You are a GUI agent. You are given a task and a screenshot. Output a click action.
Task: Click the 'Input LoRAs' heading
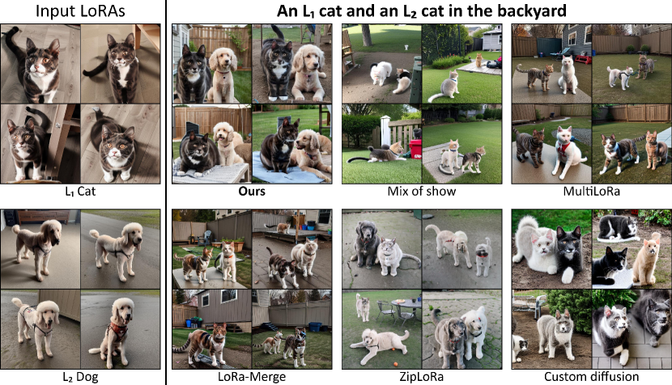click(80, 11)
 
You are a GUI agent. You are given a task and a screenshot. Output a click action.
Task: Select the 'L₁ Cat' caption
click(80, 191)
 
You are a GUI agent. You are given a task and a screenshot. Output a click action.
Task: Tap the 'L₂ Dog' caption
click(80, 377)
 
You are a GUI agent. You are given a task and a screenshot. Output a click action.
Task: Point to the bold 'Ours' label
click(252, 191)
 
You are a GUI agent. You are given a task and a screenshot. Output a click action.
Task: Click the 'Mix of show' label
click(421, 191)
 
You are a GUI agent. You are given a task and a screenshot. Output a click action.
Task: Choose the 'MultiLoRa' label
click(591, 191)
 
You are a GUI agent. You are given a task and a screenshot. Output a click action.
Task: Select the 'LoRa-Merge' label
click(252, 377)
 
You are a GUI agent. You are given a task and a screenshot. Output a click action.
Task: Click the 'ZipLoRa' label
click(421, 377)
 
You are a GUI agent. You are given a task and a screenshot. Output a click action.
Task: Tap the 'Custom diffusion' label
click(591, 377)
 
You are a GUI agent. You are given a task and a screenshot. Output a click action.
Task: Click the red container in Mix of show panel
click(415, 150)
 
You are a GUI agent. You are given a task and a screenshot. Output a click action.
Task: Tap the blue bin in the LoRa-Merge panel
click(315, 327)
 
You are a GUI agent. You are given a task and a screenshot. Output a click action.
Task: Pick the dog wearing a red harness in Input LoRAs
click(114, 330)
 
